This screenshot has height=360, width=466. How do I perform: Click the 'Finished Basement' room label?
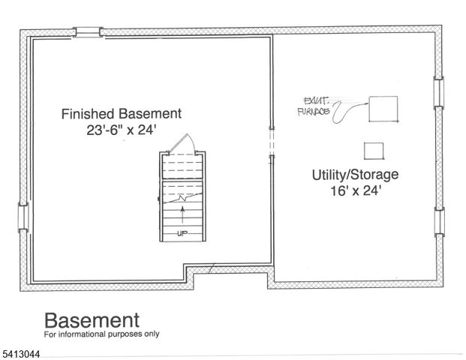[x=121, y=114]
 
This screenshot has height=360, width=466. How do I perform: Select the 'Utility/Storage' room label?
[x=355, y=175]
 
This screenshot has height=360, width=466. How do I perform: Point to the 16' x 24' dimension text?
[x=355, y=190]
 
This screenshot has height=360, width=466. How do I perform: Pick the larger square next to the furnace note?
[x=383, y=108]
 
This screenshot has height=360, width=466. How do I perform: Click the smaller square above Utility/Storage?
[x=373, y=151]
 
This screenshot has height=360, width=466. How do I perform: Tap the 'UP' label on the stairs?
[x=181, y=233]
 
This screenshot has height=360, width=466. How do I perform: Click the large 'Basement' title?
[x=92, y=320]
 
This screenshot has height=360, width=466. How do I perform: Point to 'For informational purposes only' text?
[x=101, y=334]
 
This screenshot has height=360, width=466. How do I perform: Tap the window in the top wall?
[x=87, y=31]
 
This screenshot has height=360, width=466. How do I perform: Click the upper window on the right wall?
[x=440, y=91]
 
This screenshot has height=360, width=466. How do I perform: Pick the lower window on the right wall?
[x=440, y=222]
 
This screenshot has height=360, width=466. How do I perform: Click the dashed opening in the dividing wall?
[x=272, y=143]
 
